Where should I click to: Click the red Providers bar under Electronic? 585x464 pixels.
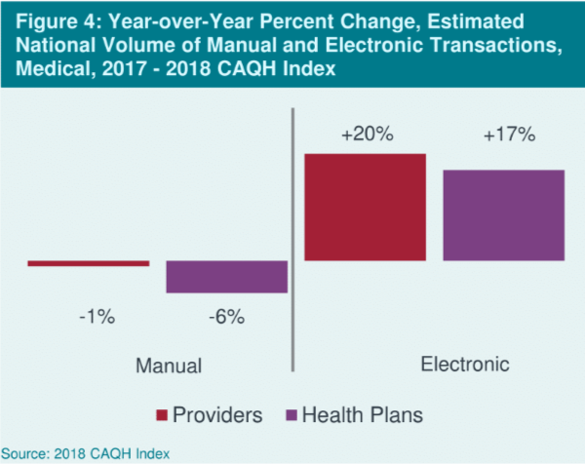click(366, 207)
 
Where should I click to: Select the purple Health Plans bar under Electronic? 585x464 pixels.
click(504, 214)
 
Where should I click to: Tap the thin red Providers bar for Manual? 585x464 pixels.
click(89, 262)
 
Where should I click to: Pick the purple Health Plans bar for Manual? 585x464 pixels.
click(226, 277)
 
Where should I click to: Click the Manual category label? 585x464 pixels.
click(168, 367)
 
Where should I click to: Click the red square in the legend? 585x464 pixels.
click(162, 415)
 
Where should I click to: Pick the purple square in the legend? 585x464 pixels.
click(290, 415)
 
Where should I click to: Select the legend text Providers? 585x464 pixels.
click(217, 415)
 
